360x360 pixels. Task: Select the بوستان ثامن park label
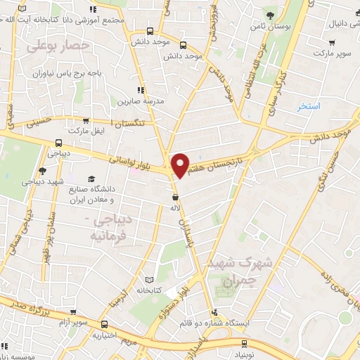pyautogui.click(x=271, y=27)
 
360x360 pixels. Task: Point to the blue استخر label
pyautogui.click(x=308, y=106)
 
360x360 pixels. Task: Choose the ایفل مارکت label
pyautogui.click(x=87, y=131)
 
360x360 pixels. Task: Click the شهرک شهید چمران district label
pyautogui.click(x=236, y=271)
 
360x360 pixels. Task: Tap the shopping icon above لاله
pyautogui.click(x=175, y=196)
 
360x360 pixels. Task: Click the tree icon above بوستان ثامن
pyautogui.click(x=271, y=15)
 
